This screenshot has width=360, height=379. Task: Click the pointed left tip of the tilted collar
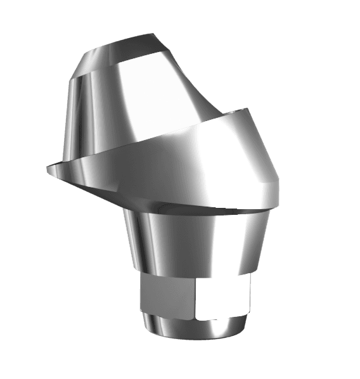tap(48, 168)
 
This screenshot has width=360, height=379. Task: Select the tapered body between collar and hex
tap(196, 241)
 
